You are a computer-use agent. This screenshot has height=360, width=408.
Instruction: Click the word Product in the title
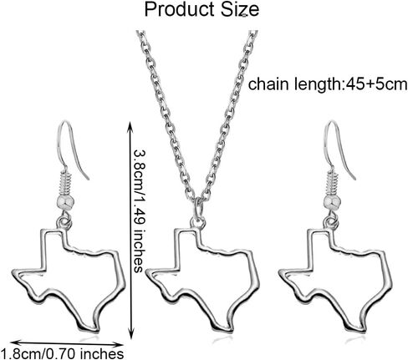pyautogui.click(x=180, y=9)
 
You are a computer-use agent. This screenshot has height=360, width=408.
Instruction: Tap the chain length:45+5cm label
pyautogui.click(x=328, y=84)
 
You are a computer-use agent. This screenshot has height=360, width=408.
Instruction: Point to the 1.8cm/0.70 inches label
pyautogui.click(x=62, y=354)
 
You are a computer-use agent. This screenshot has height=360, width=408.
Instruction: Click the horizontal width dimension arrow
pyautogui.click(x=67, y=343)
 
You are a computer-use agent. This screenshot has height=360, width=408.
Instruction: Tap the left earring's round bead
pyautogui.click(x=67, y=204)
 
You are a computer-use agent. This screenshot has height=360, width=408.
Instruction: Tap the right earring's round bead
pyautogui.click(x=332, y=203)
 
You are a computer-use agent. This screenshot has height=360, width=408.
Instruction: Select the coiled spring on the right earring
pyautogui.click(x=333, y=183)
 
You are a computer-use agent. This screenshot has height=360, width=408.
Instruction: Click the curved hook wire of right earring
pyautogui.click(x=337, y=131)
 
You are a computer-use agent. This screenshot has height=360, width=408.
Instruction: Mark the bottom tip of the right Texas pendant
pyautogui.click(x=363, y=331)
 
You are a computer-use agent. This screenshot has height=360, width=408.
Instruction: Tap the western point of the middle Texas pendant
pyautogui.click(x=146, y=271)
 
